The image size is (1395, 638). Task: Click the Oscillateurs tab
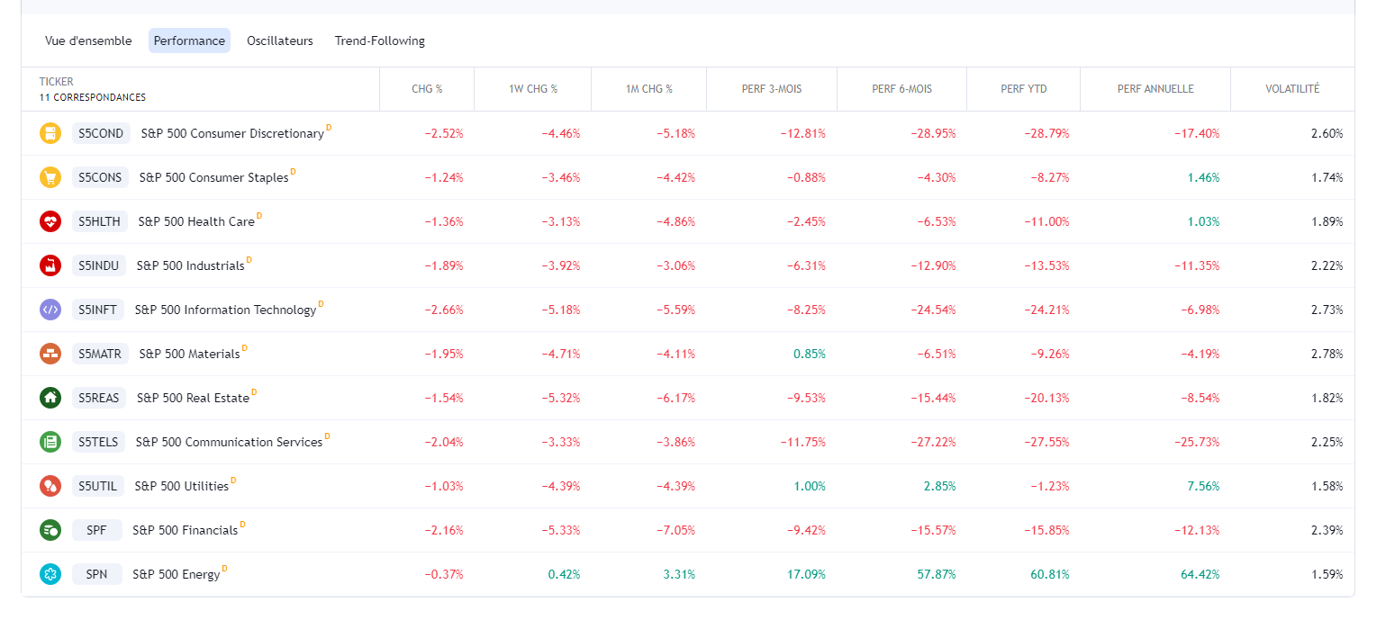click(279, 40)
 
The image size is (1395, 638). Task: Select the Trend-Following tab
click(379, 40)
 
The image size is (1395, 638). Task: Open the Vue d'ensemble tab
click(88, 40)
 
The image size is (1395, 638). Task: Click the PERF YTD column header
click(1023, 89)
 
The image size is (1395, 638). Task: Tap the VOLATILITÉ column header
click(1291, 89)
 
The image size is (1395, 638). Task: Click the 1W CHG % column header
click(532, 89)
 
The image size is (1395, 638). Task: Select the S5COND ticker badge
click(101, 133)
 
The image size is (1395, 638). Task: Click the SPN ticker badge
click(96, 574)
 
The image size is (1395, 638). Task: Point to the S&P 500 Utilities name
click(181, 486)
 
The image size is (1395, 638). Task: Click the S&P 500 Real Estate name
click(193, 398)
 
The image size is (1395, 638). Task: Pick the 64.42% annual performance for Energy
click(1200, 574)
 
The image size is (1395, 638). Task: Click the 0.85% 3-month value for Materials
click(809, 354)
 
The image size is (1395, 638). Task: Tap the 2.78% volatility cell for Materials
click(1327, 354)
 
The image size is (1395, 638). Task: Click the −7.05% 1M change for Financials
click(675, 530)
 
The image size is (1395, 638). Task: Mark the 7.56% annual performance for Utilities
click(1203, 486)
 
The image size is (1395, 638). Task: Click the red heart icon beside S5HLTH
click(50, 221)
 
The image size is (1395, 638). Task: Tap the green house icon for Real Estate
click(50, 398)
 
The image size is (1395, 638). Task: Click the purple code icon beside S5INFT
click(50, 310)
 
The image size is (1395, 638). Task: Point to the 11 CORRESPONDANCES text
click(92, 97)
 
